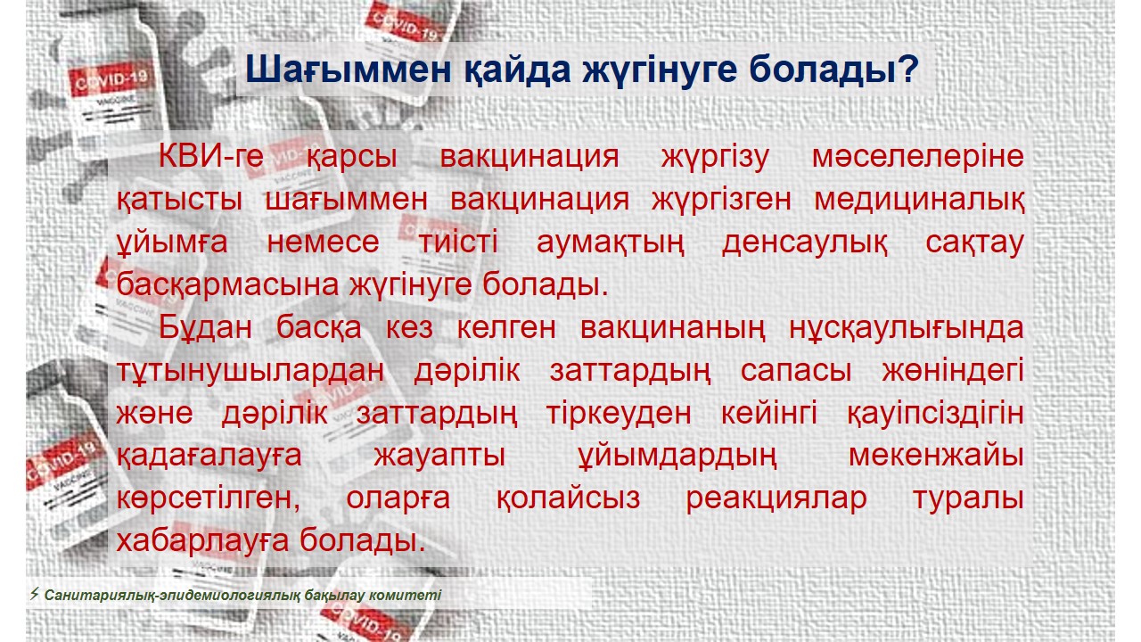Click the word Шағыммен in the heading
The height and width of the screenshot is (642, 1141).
click(349, 70)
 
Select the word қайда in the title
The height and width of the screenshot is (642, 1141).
click(517, 70)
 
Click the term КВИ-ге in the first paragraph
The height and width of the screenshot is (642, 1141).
click(211, 156)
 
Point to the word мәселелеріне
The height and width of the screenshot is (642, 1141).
click(918, 157)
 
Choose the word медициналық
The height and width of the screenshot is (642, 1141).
click(919, 200)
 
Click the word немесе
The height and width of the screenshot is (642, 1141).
click(323, 243)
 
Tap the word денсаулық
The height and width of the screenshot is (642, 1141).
click(804, 243)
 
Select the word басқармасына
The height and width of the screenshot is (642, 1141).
click(227, 285)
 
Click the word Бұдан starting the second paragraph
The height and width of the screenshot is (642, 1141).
click(205, 327)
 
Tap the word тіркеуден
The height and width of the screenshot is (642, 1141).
click(619, 414)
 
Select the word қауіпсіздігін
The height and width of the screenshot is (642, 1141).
click(935, 414)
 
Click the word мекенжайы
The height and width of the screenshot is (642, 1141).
click(936, 456)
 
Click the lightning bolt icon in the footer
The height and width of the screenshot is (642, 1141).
click(34, 594)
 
